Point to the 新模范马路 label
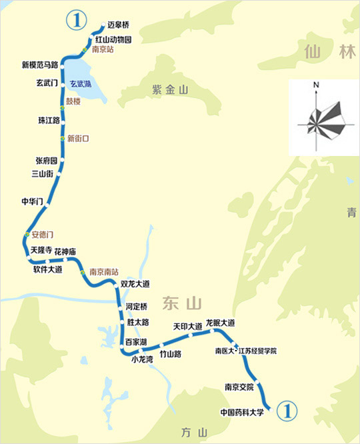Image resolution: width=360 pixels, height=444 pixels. pyautogui.click(x=41, y=65)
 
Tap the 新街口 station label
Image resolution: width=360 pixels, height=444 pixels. pyautogui.click(x=78, y=138)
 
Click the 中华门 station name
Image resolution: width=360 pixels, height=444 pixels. pyautogui.click(x=32, y=201)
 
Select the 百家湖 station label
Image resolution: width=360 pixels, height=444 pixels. pyautogui.click(x=136, y=342)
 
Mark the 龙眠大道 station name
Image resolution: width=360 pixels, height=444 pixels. pyautogui.click(x=221, y=323)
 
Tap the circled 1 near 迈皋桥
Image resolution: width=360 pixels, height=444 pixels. pyautogui.click(x=75, y=20)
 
